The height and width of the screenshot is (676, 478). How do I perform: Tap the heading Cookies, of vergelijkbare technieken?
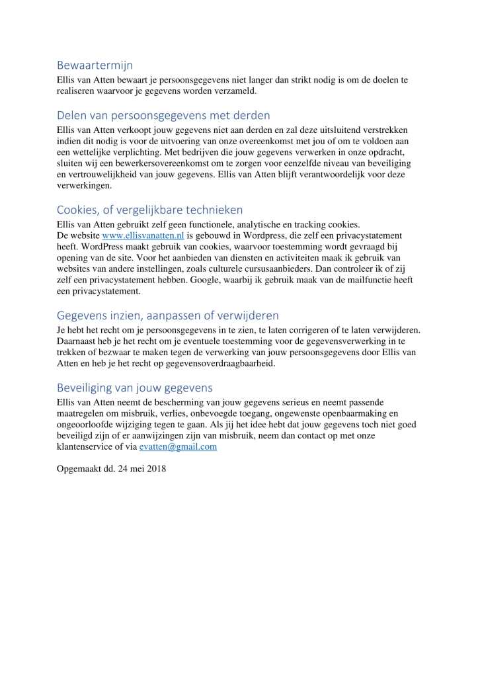[x=149, y=210]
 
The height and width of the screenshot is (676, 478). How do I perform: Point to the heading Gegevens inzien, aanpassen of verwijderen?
[x=168, y=315]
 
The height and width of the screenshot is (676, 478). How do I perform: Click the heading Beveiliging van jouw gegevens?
[x=135, y=387]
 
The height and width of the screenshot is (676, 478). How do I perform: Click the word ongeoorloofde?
[x=89, y=425]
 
